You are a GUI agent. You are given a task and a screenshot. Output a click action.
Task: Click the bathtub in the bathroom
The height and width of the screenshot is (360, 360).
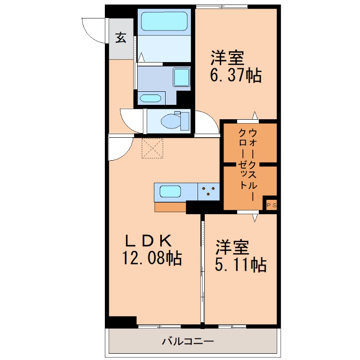coord(164,21)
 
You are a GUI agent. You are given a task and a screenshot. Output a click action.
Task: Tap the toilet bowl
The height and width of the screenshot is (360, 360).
coord(171,121)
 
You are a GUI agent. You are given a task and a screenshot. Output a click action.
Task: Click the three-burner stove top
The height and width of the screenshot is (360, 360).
coord(208,192)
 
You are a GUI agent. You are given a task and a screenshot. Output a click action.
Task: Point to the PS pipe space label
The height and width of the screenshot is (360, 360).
coord(271,206)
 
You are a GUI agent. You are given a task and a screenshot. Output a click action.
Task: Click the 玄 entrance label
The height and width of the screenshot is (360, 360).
coord(121,38)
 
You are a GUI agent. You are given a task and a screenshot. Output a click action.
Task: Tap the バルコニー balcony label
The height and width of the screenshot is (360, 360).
coord(188,342)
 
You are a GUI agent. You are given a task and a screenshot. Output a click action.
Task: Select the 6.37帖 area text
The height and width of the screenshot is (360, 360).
coord(236,75)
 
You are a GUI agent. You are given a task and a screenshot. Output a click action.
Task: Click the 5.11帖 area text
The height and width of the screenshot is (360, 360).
coord(241,265)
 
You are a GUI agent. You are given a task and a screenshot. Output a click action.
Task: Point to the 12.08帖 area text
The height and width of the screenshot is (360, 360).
coord(152,258)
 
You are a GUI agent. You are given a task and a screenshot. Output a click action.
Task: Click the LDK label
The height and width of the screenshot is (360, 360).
coord(148,241)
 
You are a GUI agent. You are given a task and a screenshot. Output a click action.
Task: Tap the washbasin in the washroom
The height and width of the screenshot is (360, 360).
coord(151,98)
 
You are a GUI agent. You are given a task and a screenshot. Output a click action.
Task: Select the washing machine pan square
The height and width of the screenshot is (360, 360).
coord(181,77)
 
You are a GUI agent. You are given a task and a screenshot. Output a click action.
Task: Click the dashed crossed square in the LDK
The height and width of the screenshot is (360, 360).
coord(153,148)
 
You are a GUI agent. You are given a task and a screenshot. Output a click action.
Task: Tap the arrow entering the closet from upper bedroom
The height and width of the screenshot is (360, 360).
coord(255,116)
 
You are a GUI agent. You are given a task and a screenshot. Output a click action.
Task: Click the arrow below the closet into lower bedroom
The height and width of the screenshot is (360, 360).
coord(255,218)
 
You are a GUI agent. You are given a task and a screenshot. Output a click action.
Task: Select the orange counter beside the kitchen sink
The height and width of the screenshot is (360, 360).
coord(170,207)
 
